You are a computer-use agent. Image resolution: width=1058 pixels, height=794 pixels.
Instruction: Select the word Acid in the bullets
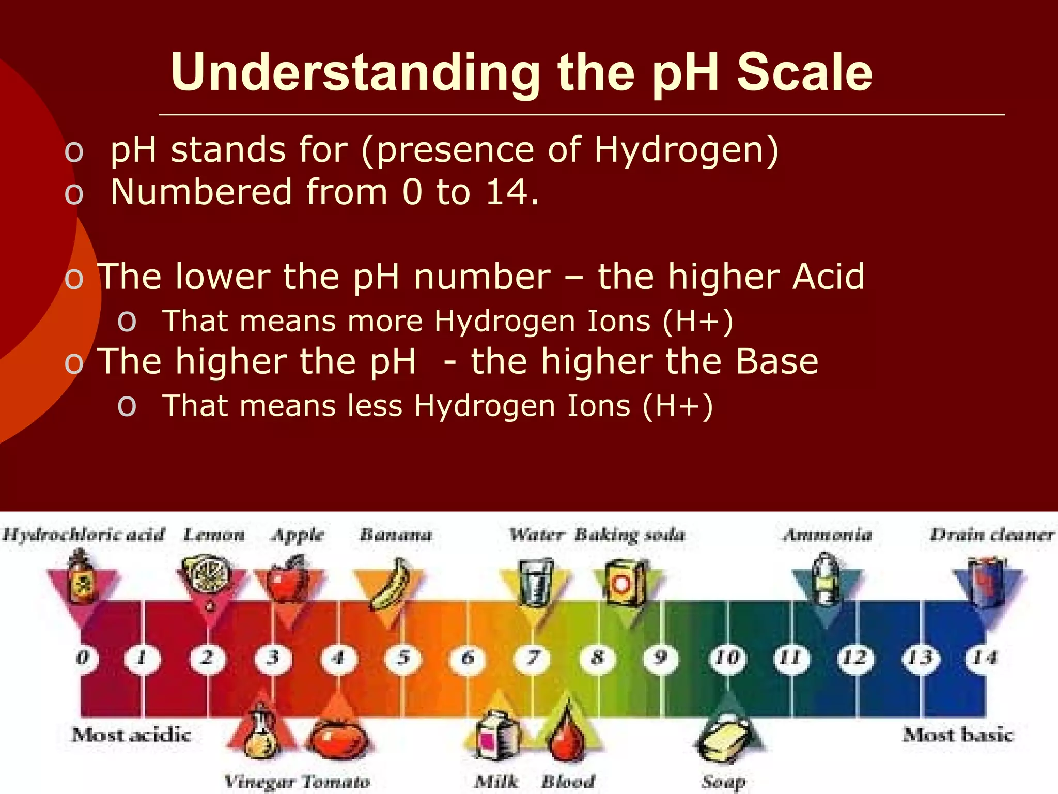[828, 276]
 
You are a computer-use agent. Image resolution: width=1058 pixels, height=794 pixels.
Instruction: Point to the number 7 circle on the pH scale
[533, 658]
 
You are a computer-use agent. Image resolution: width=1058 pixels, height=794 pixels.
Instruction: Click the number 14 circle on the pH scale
[984, 658]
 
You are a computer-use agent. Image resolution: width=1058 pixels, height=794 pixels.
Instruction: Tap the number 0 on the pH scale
[83, 658]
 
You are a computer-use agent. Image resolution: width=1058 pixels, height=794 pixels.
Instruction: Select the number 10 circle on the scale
[727, 658]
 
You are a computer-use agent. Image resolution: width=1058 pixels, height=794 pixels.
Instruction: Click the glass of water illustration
[535, 582]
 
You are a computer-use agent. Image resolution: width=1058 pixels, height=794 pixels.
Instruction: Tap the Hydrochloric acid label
[84, 535]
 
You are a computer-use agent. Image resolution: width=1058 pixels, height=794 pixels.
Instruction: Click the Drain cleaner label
[992, 535]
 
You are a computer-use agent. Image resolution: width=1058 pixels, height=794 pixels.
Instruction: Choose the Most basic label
[958, 735]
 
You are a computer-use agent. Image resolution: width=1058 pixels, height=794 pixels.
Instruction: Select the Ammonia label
[828, 535]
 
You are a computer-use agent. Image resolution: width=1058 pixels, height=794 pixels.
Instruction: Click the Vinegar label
[259, 782]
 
